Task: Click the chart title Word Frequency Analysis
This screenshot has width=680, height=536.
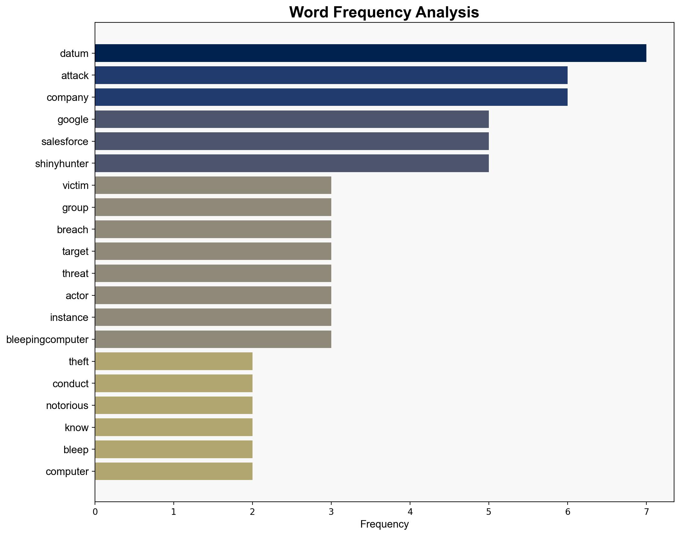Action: [x=384, y=12]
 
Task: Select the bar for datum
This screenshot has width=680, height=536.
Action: [x=371, y=53]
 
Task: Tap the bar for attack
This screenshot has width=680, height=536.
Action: [x=331, y=75]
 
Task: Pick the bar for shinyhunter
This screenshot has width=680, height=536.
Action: [x=292, y=163]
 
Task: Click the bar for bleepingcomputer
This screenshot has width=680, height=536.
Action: [x=213, y=339]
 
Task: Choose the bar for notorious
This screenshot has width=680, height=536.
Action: [x=174, y=405]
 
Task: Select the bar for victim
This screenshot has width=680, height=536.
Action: [x=213, y=185]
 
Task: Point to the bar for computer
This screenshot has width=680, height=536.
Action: [x=174, y=471]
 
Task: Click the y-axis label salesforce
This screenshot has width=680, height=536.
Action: [x=65, y=142]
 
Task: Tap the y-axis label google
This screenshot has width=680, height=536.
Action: [x=73, y=120]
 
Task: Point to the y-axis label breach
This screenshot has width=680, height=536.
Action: [x=73, y=230]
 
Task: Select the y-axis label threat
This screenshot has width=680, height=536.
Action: [x=75, y=274]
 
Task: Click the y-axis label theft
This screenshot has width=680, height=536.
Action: [x=78, y=361]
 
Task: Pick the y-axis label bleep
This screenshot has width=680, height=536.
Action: [x=76, y=450]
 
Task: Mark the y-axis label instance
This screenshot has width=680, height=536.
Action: [x=69, y=317]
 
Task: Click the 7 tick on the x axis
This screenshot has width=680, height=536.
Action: [x=646, y=512]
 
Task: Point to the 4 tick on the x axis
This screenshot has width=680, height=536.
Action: [x=410, y=512]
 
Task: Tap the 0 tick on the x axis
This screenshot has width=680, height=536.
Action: [x=95, y=512]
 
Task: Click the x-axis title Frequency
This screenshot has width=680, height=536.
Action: [x=384, y=524]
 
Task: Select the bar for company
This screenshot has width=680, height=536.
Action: [x=331, y=97]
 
